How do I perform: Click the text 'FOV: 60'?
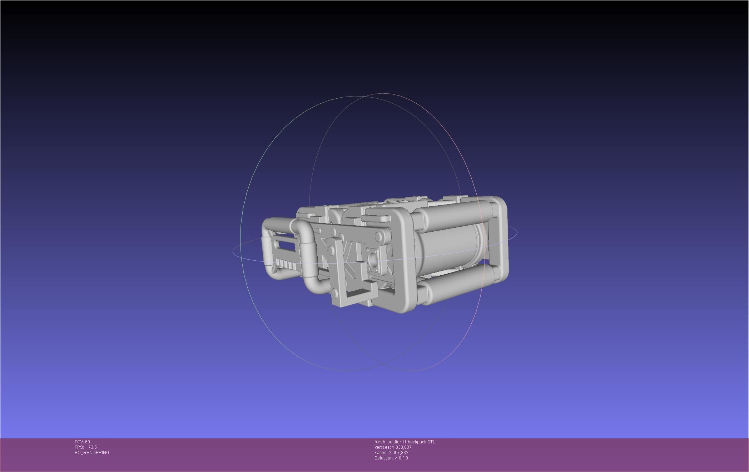82,442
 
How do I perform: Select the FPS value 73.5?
92,447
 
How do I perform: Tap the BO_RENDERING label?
92,453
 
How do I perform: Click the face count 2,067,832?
398,453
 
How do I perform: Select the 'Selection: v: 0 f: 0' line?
391,458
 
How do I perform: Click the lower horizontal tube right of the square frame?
454,288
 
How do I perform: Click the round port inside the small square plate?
374,260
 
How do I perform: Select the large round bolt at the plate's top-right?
378,236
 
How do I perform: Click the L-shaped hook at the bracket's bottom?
361,291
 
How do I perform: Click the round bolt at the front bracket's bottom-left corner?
335,294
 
